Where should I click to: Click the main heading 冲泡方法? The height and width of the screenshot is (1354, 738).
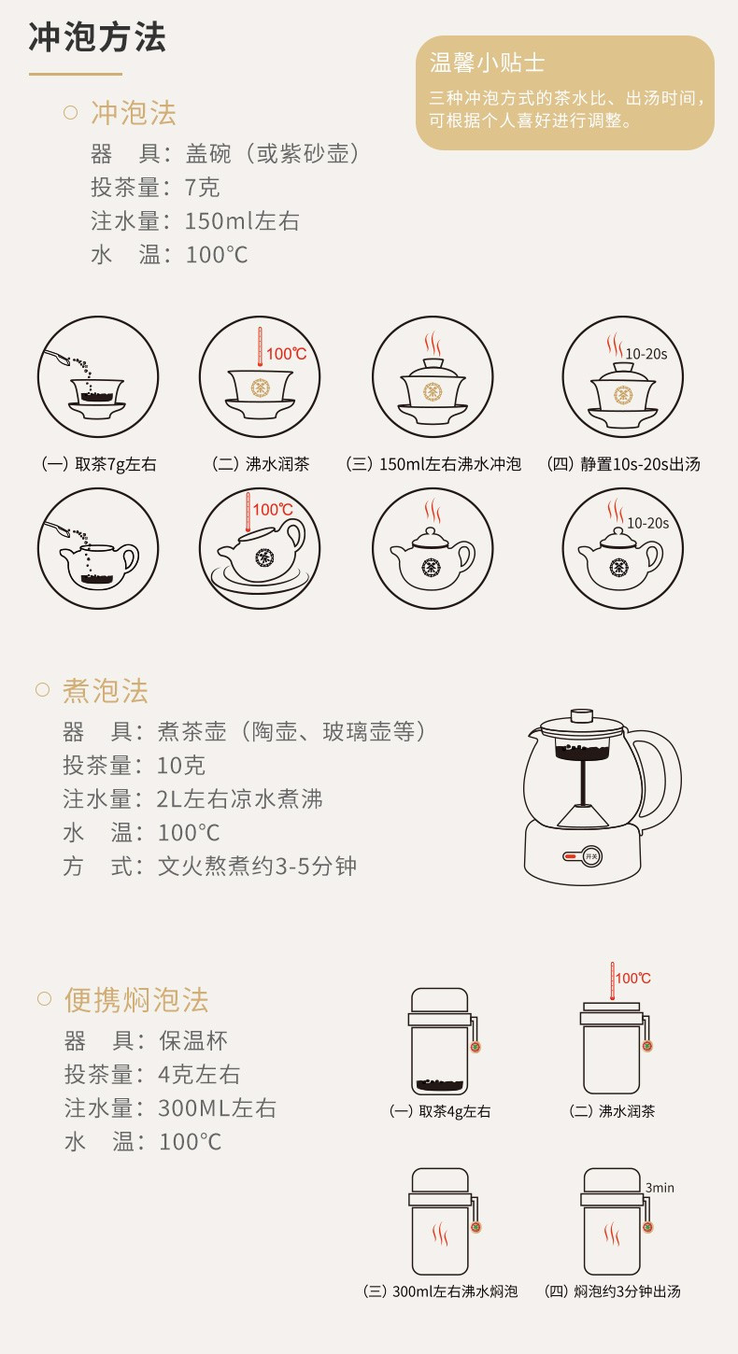click(x=97, y=37)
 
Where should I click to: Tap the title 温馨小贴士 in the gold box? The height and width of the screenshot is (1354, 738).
click(x=487, y=63)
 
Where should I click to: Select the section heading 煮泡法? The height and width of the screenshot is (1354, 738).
click(x=106, y=690)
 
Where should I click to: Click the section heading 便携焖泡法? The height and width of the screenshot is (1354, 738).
click(x=136, y=1000)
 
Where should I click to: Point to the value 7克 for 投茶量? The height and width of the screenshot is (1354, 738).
click(x=202, y=188)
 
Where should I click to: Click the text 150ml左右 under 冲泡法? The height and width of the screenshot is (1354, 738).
click(x=242, y=221)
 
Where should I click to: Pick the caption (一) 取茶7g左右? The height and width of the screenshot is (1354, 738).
click(x=99, y=464)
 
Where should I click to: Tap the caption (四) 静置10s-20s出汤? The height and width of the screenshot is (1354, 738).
click(x=623, y=464)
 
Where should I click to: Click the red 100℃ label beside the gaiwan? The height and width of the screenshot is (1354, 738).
click(x=286, y=354)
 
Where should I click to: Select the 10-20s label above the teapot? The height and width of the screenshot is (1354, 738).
click(x=648, y=523)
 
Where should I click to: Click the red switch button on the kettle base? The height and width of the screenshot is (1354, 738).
click(x=570, y=856)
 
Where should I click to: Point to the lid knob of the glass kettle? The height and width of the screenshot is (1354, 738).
click(x=582, y=715)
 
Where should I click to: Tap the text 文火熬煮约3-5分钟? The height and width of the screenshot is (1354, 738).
click(x=257, y=867)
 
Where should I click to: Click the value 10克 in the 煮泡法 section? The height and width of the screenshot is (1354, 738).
click(x=181, y=766)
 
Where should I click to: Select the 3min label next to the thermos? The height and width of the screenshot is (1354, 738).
click(x=660, y=1188)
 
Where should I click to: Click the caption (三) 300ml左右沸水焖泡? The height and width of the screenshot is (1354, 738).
click(x=440, y=1291)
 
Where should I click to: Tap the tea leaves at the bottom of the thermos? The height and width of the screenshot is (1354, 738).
click(x=440, y=1085)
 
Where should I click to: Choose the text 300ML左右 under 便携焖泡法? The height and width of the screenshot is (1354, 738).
click(x=217, y=1108)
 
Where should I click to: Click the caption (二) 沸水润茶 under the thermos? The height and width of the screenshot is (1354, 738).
click(x=612, y=1111)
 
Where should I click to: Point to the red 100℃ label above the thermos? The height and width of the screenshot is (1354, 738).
click(x=632, y=978)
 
